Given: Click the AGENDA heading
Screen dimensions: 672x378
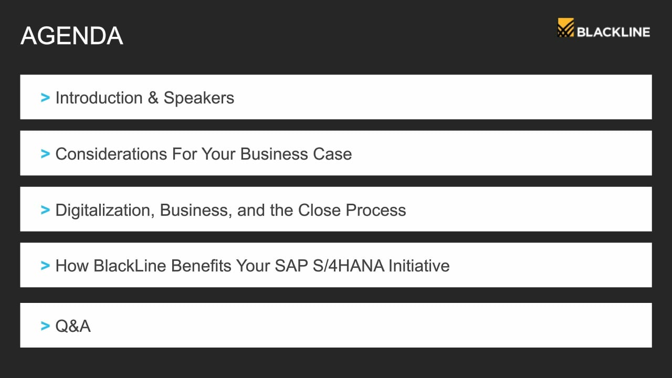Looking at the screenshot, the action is pyautogui.click(x=72, y=36).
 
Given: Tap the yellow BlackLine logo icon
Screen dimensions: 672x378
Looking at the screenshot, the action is pyautogui.click(x=565, y=28).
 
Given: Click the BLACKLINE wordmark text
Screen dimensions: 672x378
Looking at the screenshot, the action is pyautogui.click(x=613, y=32).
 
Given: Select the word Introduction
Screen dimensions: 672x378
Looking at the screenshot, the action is pyautogui.click(x=99, y=98).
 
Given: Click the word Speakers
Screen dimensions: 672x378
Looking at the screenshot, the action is pyautogui.click(x=198, y=98).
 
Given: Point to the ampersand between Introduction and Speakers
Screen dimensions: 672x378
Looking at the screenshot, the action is pyautogui.click(x=153, y=98).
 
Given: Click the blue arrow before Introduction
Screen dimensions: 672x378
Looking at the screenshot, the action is pyautogui.click(x=45, y=98).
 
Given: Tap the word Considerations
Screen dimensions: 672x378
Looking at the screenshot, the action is pyautogui.click(x=111, y=154).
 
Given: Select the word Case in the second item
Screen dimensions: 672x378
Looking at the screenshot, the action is pyautogui.click(x=332, y=154).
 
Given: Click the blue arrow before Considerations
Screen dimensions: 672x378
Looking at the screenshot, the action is pyautogui.click(x=45, y=154).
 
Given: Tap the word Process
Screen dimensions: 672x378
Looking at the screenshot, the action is pyautogui.click(x=375, y=210).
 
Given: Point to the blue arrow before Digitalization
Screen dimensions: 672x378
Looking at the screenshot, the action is pyautogui.click(x=45, y=209).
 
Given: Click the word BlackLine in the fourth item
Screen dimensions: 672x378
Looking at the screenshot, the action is pyautogui.click(x=130, y=266).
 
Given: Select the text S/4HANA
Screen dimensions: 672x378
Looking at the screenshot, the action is pyautogui.click(x=348, y=266).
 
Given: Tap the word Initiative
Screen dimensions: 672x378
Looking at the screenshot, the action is pyautogui.click(x=419, y=266).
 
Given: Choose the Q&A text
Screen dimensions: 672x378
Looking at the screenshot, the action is pyautogui.click(x=73, y=326).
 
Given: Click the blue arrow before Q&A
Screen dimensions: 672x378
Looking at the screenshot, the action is pyautogui.click(x=45, y=326).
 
